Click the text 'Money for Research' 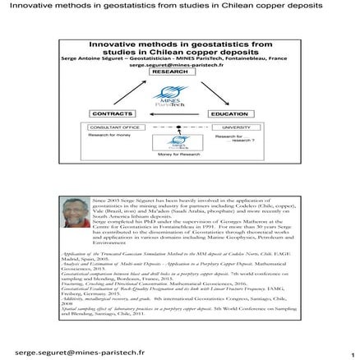173,155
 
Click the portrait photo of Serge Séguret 76,219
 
